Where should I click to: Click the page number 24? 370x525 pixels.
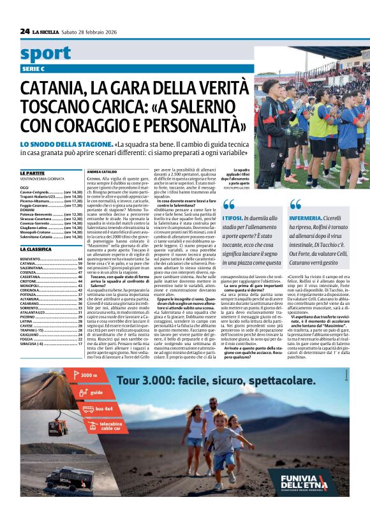coord(25,31)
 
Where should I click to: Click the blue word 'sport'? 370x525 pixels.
coord(45,54)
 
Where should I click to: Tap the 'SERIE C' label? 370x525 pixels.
coord(33,68)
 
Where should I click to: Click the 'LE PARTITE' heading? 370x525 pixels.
coord(33,173)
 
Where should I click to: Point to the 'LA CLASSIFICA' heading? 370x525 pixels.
coord(37,249)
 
